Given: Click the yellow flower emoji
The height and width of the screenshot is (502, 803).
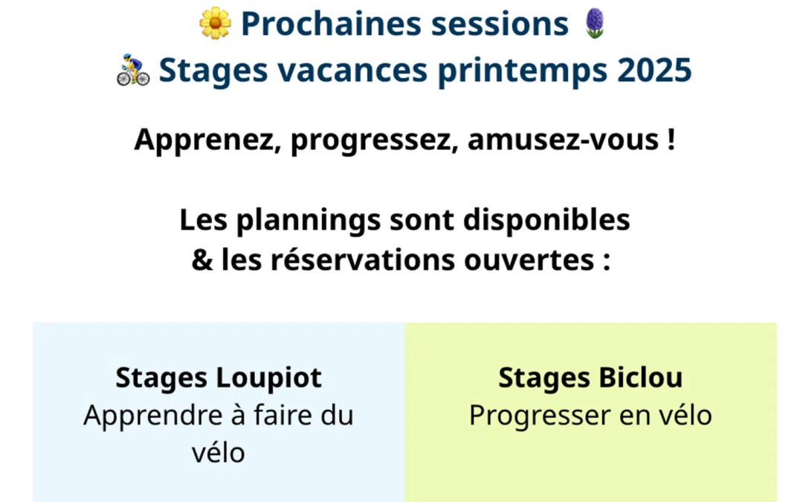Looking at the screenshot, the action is point(215,23).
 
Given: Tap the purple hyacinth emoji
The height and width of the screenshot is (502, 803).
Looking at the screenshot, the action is point(595,23).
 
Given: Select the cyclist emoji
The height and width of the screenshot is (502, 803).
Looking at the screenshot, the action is point(133,70).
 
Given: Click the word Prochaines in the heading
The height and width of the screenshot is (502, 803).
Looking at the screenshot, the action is point(332,24).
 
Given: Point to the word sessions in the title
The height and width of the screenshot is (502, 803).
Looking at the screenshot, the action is point(500,24).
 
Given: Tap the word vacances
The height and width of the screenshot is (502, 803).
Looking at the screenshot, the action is point(352,71).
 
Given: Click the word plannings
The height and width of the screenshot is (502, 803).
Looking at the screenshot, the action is point(309,220).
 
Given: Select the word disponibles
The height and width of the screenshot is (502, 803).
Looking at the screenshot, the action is point(546,220).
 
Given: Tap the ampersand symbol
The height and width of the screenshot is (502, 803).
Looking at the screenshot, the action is point(202,260).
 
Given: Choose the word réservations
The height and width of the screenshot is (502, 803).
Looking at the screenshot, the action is point(363,260).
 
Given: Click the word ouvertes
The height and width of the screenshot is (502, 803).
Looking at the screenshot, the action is point(529,260).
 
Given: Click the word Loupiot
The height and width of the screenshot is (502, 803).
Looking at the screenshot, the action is point(269,378).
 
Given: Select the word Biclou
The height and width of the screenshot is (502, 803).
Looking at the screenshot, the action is point(640,378).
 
